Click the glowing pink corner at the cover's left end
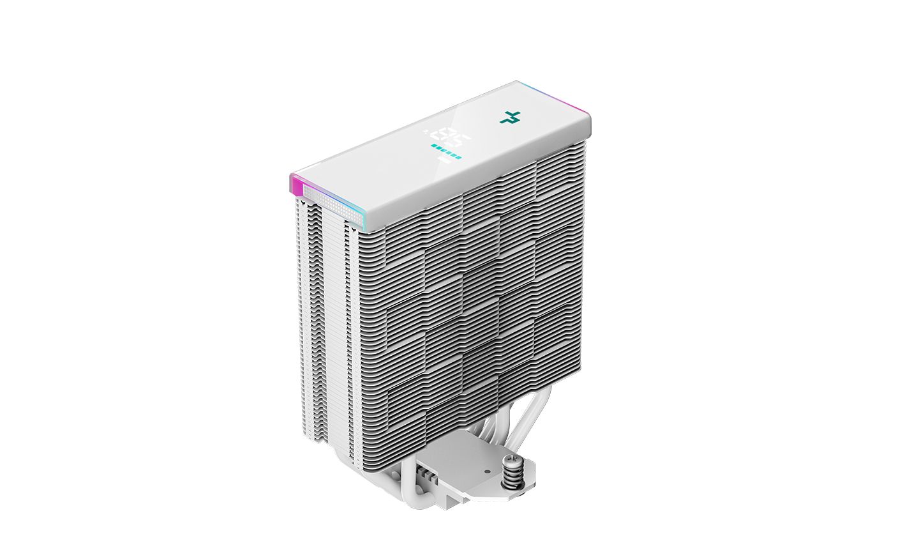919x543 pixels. (295, 186)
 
